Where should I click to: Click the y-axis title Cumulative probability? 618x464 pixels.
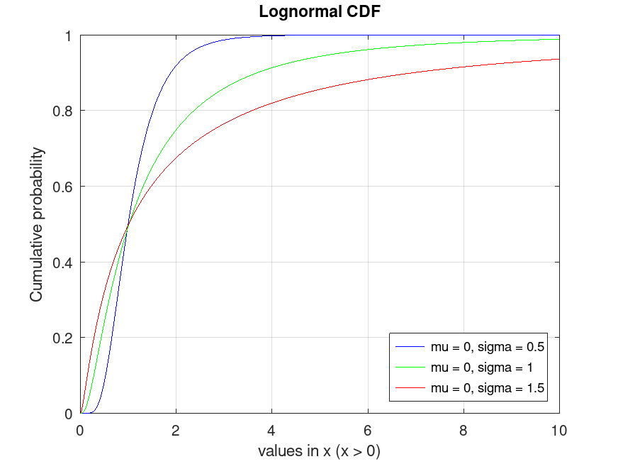click(36, 224)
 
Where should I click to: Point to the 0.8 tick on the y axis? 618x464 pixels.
click(67, 111)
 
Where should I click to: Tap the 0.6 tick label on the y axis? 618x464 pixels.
click(67, 187)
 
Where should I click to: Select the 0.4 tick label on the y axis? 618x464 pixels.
click(67, 263)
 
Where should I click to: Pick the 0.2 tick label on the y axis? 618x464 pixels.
click(67, 338)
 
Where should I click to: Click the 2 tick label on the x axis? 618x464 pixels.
click(176, 429)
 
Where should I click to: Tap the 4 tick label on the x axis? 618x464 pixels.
click(271, 429)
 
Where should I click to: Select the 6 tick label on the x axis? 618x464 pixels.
click(367, 429)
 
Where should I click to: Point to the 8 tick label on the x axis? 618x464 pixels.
click(463, 429)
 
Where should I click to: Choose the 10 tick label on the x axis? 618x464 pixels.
click(559, 429)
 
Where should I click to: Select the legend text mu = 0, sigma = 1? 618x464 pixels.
click(482, 368)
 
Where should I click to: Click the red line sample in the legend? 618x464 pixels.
click(410, 388)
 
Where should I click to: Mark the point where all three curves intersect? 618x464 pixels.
click(128, 225)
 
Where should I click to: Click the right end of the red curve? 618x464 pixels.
click(559, 60)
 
